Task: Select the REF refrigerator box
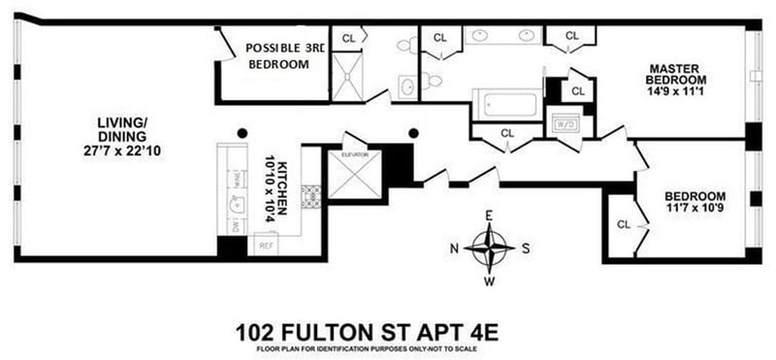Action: [265, 245]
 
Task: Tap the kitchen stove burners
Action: [311, 196]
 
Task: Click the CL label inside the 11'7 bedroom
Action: [624, 224]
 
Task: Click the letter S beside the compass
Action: [527, 246]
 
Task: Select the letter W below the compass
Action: [490, 281]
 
